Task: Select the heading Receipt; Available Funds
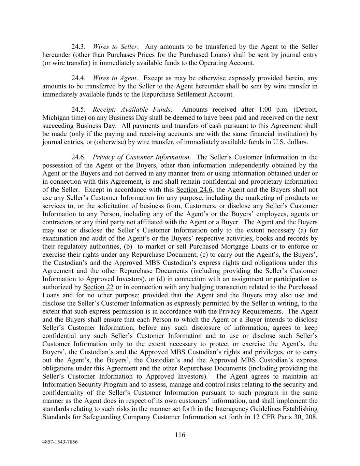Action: coord(132,110)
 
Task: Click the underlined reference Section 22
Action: coord(98,287)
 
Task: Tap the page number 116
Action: coord(180,435)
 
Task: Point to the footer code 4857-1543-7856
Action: coord(60,442)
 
